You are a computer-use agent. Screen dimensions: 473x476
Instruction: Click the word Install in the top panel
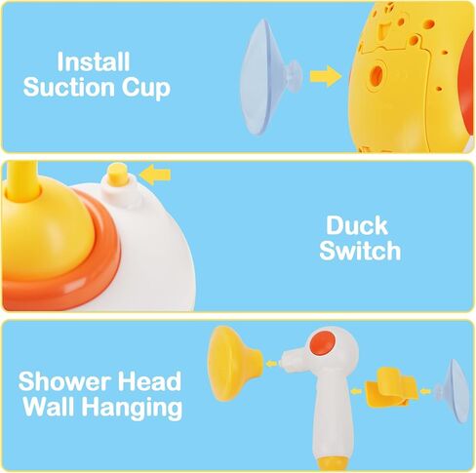point(94,60)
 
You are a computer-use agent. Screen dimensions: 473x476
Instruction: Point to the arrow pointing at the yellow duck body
point(325,74)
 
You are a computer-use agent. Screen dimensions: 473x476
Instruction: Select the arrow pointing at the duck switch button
point(155,175)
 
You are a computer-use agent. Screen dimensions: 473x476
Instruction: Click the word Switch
point(362,251)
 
